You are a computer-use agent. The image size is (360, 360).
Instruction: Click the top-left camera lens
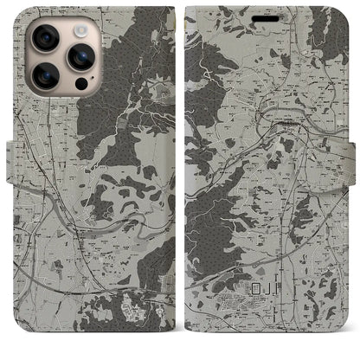(46, 38)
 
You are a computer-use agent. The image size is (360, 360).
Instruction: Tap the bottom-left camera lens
(46, 76)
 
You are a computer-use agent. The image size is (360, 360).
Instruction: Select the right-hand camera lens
(80, 57)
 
